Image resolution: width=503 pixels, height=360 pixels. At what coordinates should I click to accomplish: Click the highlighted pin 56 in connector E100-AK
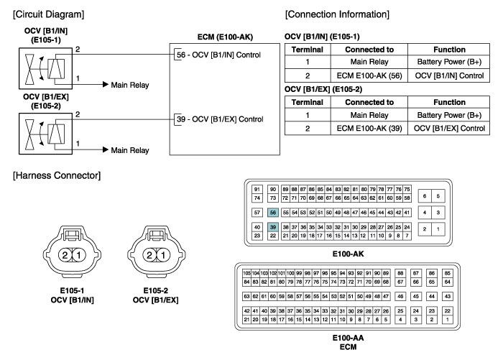272,213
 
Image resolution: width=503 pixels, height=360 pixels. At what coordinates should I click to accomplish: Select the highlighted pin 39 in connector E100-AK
272,227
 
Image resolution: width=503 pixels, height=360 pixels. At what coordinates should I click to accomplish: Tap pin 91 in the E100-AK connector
257,189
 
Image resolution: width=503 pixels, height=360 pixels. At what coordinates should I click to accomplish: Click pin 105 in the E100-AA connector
246,273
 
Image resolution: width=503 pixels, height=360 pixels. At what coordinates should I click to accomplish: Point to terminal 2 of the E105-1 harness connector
65,255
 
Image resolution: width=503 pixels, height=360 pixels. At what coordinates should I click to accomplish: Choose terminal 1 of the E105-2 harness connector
163,255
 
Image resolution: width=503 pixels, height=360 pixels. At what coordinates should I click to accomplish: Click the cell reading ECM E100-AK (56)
369,75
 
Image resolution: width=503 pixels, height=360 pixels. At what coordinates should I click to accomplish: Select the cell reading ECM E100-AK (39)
369,129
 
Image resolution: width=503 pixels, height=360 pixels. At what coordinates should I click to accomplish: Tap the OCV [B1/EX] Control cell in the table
449,129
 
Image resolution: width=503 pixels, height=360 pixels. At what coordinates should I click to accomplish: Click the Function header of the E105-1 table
449,50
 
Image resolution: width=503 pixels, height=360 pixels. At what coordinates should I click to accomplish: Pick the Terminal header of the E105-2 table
308,102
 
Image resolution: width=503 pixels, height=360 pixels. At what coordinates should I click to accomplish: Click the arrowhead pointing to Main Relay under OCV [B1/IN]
105,84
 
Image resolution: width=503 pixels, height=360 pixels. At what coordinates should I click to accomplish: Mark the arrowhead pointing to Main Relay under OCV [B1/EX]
105,149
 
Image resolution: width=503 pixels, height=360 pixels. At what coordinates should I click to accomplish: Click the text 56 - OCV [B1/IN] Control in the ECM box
218,55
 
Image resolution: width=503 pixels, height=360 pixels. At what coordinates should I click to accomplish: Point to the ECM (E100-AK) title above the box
225,37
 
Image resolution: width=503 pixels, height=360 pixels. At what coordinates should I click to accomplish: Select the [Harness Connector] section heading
57,175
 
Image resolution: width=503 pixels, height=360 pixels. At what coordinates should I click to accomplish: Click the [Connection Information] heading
337,14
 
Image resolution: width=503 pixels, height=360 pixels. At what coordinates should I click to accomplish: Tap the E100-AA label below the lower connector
348,338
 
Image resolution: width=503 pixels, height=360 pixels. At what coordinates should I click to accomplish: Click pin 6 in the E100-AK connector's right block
425,196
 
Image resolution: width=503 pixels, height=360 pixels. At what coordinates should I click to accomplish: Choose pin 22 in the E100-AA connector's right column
448,310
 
